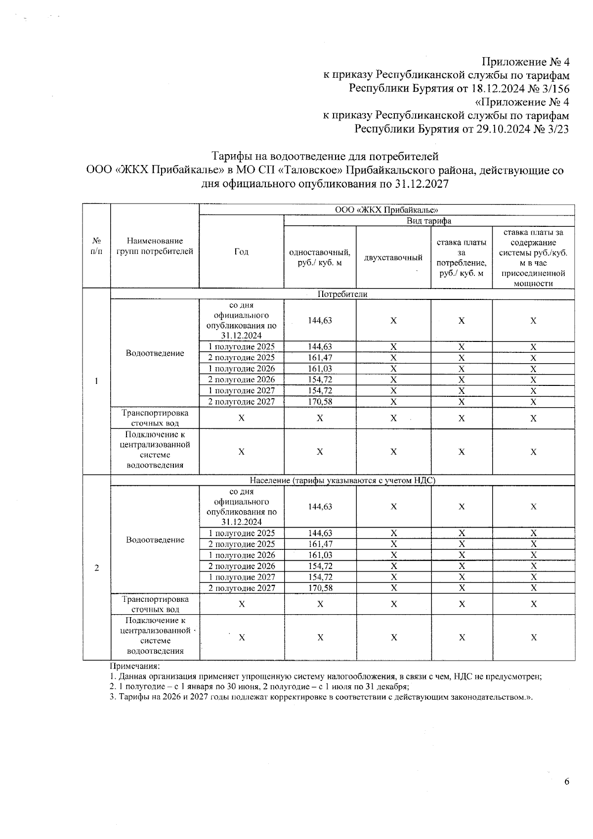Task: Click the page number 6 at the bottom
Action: tap(566, 781)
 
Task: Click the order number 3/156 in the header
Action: tap(552, 89)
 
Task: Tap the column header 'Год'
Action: tap(241, 252)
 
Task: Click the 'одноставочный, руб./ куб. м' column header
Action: tap(320, 257)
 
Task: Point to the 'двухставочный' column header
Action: tap(393, 257)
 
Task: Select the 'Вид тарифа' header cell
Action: tap(428, 221)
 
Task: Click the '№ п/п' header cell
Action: tap(96, 246)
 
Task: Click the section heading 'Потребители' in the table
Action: tap(342, 294)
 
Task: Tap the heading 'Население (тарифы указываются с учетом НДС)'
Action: tap(342, 480)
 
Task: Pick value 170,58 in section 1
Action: tap(320, 402)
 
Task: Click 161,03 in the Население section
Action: tap(320, 555)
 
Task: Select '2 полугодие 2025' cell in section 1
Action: tap(241, 358)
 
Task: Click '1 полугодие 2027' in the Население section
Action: tap(241, 577)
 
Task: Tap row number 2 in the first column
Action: tap(96, 568)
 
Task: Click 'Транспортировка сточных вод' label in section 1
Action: tap(155, 418)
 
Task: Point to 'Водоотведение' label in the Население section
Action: tap(155, 540)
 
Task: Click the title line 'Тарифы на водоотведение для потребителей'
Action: tap(325, 157)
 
